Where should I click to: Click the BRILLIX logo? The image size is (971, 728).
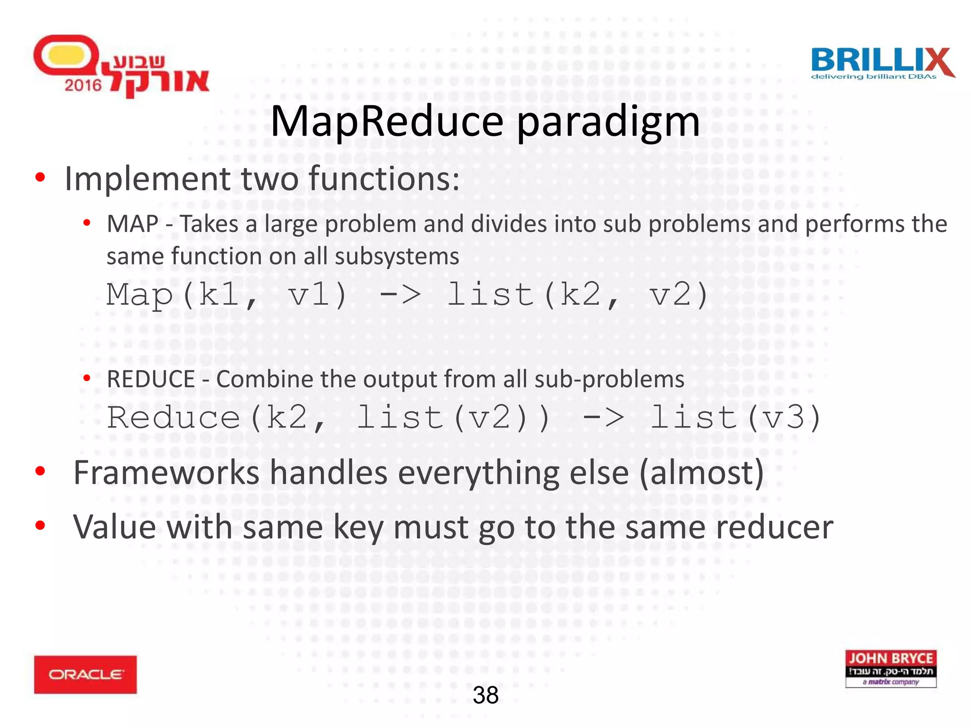pyautogui.click(x=882, y=63)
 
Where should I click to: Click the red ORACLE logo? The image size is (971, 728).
pyautogui.click(x=85, y=674)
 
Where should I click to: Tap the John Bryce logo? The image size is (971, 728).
pyautogui.click(x=890, y=669)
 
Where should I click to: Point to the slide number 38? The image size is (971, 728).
pyautogui.click(x=485, y=695)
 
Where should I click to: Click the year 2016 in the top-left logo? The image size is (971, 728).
pyautogui.click(x=83, y=85)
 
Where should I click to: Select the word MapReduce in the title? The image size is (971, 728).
pyautogui.click(x=386, y=121)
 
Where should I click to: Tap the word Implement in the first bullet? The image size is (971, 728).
pyautogui.click(x=147, y=179)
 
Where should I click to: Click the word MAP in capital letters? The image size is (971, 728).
pyautogui.click(x=132, y=224)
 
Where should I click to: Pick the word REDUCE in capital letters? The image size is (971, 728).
pyautogui.click(x=151, y=379)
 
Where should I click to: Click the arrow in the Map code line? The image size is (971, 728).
pyautogui.click(x=400, y=295)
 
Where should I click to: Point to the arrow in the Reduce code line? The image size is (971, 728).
pyautogui.click(x=603, y=418)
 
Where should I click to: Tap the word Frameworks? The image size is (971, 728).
pyautogui.click(x=166, y=473)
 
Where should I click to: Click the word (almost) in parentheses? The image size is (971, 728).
pyautogui.click(x=702, y=473)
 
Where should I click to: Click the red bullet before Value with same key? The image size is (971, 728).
pyautogui.click(x=40, y=525)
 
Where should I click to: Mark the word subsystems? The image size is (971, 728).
pyautogui.click(x=397, y=256)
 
